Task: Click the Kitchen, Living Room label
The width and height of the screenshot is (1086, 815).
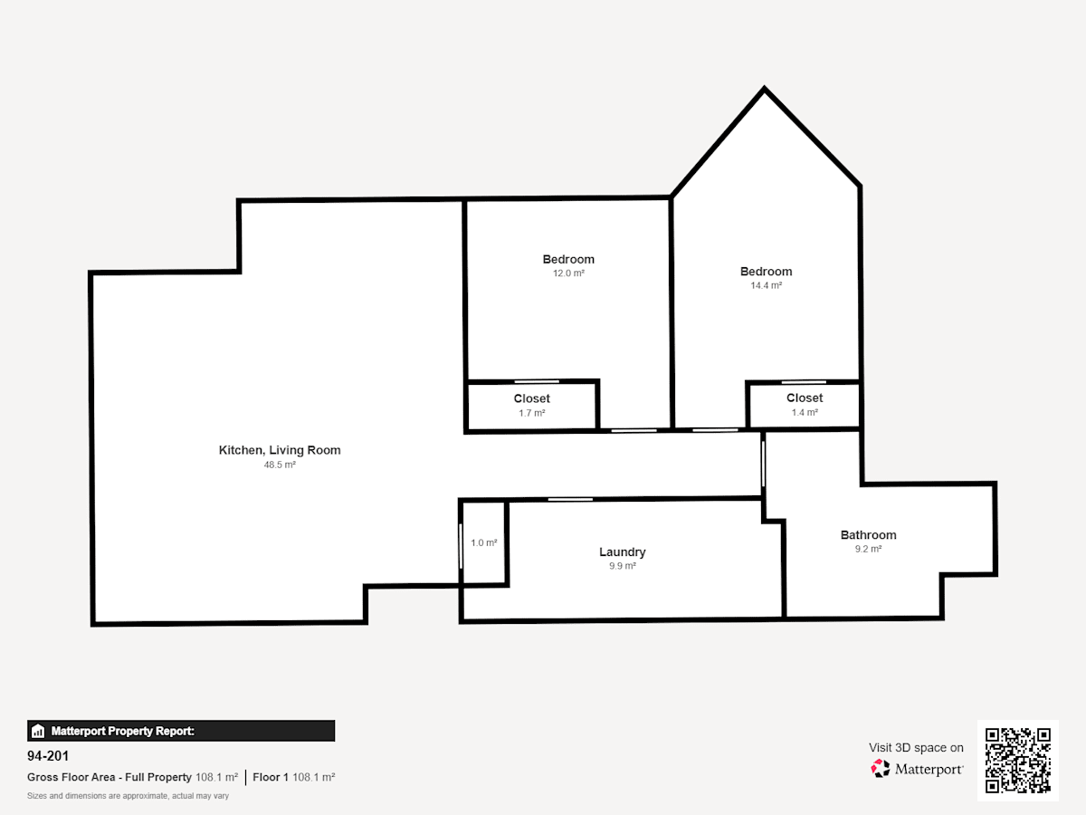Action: [x=280, y=450]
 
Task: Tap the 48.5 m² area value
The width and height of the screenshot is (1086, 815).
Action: [x=280, y=465]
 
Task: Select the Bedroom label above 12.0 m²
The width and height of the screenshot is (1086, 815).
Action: [x=568, y=259]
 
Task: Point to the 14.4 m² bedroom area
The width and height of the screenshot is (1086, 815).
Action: [x=766, y=285]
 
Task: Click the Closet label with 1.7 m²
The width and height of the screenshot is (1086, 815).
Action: [x=532, y=398]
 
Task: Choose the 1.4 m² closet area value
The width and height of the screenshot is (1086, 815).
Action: [x=805, y=412]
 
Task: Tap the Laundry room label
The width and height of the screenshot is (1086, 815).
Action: [x=623, y=552]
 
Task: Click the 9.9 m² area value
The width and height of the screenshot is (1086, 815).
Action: [x=623, y=566]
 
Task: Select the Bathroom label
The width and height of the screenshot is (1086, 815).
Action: [x=868, y=535]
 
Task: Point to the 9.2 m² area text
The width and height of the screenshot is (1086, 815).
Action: [x=868, y=549]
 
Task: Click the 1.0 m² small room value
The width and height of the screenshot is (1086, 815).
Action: [x=484, y=542]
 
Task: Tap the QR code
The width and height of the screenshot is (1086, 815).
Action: [x=1018, y=761]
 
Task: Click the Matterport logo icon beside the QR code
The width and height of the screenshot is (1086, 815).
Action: [x=881, y=769]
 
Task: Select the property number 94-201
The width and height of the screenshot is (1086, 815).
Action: [x=48, y=756]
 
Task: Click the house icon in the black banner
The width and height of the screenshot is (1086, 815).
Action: [x=38, y=731]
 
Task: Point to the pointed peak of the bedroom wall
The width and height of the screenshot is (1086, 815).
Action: [x=765, y=88]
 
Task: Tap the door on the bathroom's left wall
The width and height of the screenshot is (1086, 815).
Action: [x=764, y=464]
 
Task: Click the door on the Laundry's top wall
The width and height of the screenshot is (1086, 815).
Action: [x=570, y=499]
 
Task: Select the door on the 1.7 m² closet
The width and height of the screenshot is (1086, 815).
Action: [x=537, y=381]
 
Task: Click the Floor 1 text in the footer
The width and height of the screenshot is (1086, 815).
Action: [x=270, y=777]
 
